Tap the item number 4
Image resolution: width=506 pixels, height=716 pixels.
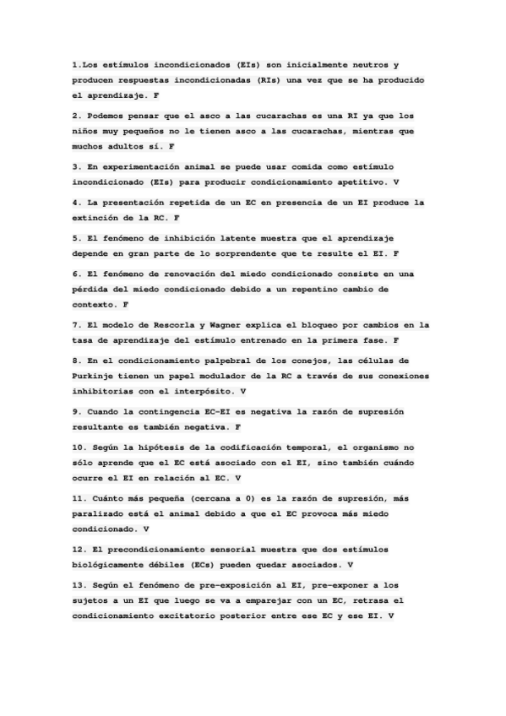75,203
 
